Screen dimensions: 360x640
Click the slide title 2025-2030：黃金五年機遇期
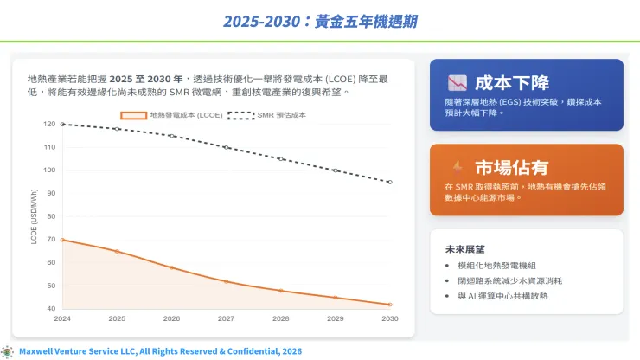pos(320,20)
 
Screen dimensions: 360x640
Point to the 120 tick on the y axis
pos(50,124)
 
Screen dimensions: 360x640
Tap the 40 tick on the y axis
pos(52,308)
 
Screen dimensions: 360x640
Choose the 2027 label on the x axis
pos(227,318)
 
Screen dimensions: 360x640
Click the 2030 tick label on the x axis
pos(389,318)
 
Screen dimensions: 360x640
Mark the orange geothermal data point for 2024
pos(62,240)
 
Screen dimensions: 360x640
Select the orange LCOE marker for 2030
pos(390,305)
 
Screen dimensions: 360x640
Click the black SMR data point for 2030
pos(390,182)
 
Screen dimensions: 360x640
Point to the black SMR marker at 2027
pos(227,147)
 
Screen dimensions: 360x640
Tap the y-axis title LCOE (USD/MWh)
pos(35,216)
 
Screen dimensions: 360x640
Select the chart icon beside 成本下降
pos(458,84)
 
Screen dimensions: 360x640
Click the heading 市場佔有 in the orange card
pos(512,168)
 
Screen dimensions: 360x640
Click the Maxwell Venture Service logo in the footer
pos(8,351)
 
